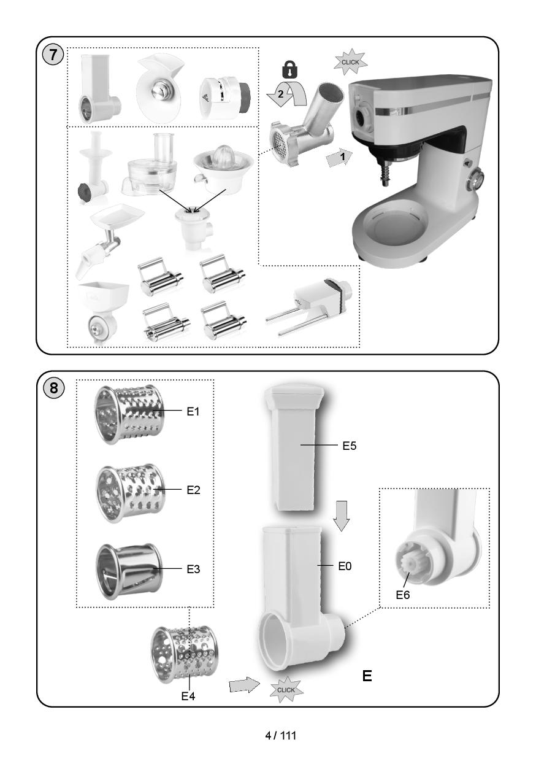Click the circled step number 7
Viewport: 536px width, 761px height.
point(53,54)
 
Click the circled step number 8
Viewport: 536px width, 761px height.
point(54,388)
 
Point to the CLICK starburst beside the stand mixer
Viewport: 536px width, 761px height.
point(351,62)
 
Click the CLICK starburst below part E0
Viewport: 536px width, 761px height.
point(286,689)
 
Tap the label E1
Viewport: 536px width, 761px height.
point(193,412)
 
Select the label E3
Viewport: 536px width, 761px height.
point(193,569)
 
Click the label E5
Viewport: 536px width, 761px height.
point(349,446)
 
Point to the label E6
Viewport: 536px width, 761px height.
point(402,594)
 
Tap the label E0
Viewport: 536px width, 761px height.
point(345,567)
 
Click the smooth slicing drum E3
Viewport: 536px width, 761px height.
point(123,570)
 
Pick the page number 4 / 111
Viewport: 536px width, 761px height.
point(280,735)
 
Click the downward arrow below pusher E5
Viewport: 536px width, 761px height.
point(342,514)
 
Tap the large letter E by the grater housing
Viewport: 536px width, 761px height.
point(367,676)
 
